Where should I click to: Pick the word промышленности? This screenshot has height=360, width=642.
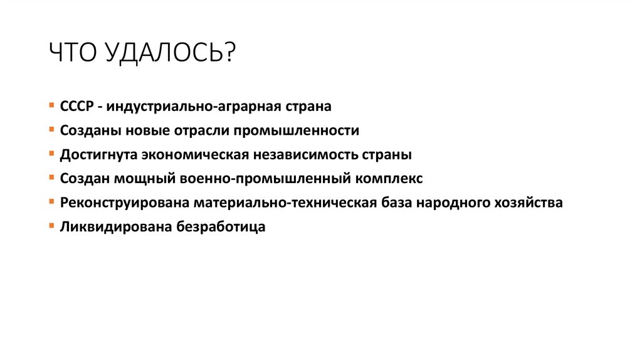[x=297, y=130]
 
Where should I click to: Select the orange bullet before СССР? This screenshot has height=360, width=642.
[x=51, y=106]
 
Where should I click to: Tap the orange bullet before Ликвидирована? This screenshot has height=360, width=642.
[x=51, y=226]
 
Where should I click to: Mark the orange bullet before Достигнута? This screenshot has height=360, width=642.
[x=51, y=154]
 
